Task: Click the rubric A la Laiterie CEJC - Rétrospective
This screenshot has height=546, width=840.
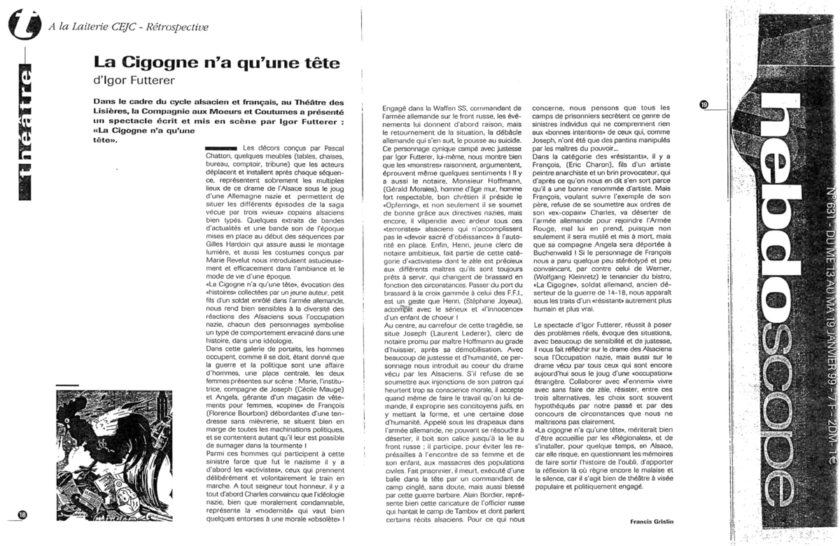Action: [x=129, y=27]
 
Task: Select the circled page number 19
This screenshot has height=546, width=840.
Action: [x=704, y=104]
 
